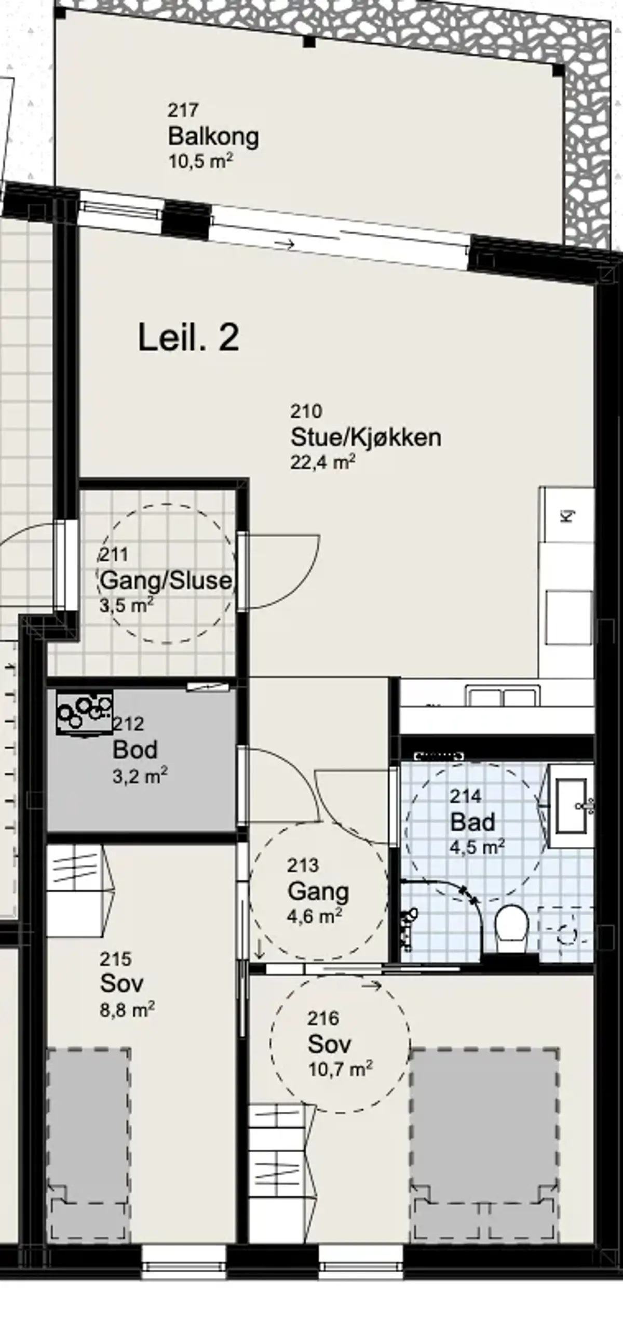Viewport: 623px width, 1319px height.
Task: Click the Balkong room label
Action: click(x=213, y=137)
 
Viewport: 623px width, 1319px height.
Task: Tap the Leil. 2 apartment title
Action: click(x=188, y=337)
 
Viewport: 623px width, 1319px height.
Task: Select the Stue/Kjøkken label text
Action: click(x=365, y=437)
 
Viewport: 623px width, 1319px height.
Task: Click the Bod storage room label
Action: click(x=135, y=750)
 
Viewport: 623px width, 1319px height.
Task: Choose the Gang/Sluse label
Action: click(x=166, y=580)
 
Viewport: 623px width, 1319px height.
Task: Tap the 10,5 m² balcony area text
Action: click(x=200, y=161)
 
